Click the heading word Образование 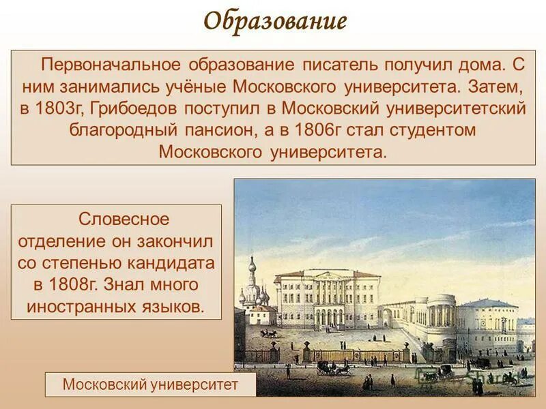pos(276,21)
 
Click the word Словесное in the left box pos(124,219)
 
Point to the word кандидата pos(178,262)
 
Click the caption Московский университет pos(150,385)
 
